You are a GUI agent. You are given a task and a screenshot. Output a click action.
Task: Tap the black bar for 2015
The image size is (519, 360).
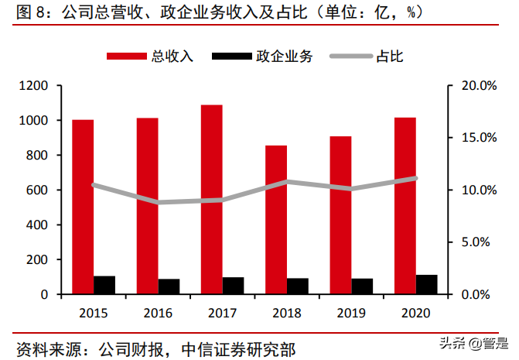(x=104, y=285)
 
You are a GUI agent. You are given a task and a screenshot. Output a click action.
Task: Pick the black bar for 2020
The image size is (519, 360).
(x=426, y=284)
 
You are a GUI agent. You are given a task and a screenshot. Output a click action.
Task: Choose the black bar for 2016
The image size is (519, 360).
(x=169, y=286)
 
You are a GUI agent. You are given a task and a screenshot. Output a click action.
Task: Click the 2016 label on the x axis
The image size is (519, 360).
(x=158, y=314)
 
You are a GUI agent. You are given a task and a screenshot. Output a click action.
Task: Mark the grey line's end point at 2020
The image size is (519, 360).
(x=415, y=178)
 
